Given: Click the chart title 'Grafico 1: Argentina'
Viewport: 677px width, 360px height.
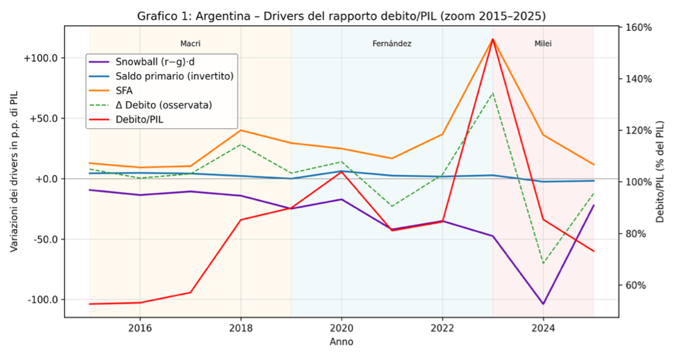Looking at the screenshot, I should [341, 16].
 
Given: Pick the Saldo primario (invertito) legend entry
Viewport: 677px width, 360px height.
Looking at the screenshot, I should [174, 76].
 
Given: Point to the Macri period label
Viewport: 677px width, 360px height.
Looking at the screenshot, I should [190, 43].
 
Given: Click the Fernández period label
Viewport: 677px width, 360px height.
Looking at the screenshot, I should [391, 43].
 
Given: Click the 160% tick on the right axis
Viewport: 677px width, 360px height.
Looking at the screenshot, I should [639, 27].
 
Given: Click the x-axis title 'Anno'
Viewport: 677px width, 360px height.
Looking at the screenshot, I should [341, 342].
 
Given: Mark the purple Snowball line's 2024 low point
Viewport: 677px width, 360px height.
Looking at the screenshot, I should [543, 304].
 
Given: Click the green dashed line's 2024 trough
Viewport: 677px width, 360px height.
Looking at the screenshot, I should [543, 263].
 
